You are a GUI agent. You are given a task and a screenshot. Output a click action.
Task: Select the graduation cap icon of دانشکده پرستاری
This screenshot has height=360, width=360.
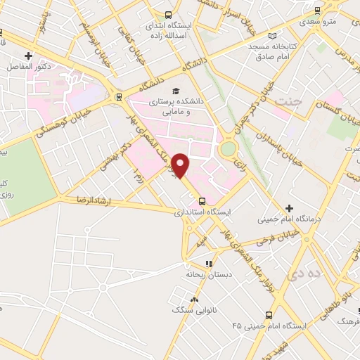[x=176, y=91]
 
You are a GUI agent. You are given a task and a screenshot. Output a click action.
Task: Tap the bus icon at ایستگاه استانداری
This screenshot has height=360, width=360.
[x=202, y=200]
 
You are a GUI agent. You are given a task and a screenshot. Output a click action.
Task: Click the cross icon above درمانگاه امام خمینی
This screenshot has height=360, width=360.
[x=290, y=208]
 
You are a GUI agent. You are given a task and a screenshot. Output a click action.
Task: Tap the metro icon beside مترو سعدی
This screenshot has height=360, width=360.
[x=318, y=11]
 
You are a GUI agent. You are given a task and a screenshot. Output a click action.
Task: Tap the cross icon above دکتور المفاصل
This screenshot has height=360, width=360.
[x=28, y=55]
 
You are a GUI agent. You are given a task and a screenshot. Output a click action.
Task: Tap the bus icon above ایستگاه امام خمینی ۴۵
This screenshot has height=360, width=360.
[x=268, y=315]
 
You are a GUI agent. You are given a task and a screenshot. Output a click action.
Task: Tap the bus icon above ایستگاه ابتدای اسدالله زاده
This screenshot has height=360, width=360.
[x=167, y=14]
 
